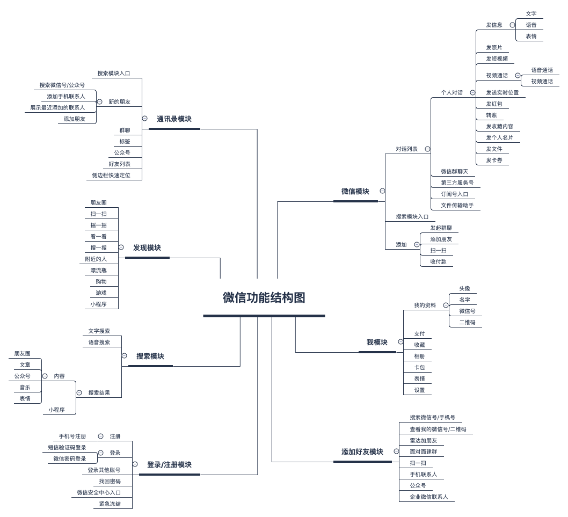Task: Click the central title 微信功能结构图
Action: [x=264, y=298]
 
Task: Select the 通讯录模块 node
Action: [x=174, y=119]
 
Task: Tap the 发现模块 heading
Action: [x=147, y=248]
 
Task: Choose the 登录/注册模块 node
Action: [x=169, y=465]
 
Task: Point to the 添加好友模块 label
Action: [x=362, y=452]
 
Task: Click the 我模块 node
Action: [x=377, y=343]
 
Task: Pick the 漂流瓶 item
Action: [x=98, y=271]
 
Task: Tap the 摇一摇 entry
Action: [x=98, y=225]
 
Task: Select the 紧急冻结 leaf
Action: [x=110, y=504]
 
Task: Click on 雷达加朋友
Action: [x=423, y=441]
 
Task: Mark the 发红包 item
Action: [x=494, y=104]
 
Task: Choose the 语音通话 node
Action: [x=542, y=70]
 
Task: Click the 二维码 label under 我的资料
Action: [x=467, y=323]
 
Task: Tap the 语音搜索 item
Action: [x=99, y=343]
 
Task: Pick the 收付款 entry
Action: [x=438, y=262]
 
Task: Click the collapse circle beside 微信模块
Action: [x=382, y=191]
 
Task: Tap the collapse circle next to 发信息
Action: [x=512, y=25]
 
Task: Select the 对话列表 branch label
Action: [x=406, y=149]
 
